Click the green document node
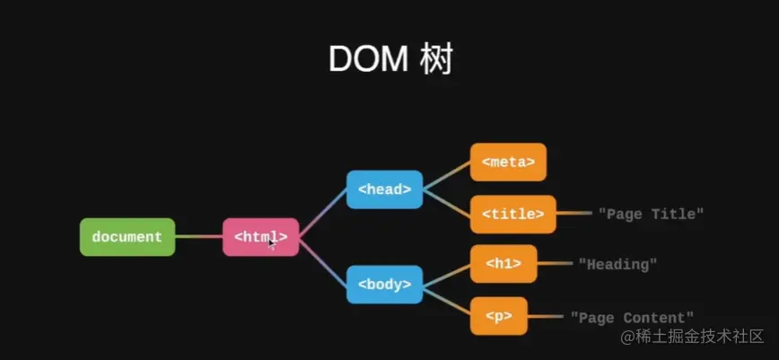[x=127, y=237]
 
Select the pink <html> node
[x=260, y=237]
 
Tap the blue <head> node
[x=384, y=189]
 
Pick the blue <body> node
[x=384, y=285]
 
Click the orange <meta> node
[x=508, y=162]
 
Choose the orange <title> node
[x=512, y=214]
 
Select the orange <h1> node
[x=503, y=264]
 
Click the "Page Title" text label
[x=651, y=214]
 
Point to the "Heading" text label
[x=617, y=264]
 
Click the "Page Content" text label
[x=632, y=317]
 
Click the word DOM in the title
[x=366, y=59]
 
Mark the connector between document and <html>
[x=198, y=237]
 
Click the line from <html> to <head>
[x=322, y=214]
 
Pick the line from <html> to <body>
[x=322, y=260]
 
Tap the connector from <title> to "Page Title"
[x=574, y=214]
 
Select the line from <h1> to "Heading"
[x=555, y=264]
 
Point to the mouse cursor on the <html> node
[x=272, y=242]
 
